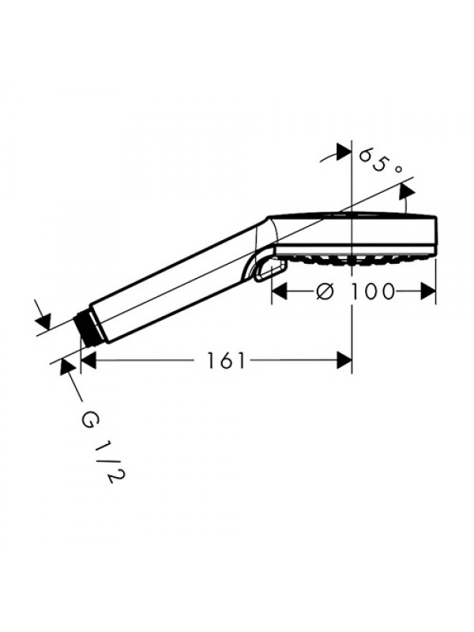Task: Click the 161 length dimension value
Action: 226,360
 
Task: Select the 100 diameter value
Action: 372,291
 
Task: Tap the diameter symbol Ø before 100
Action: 325,291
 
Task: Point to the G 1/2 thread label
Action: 103,447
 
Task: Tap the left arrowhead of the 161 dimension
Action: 88,360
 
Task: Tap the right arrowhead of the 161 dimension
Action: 344,360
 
